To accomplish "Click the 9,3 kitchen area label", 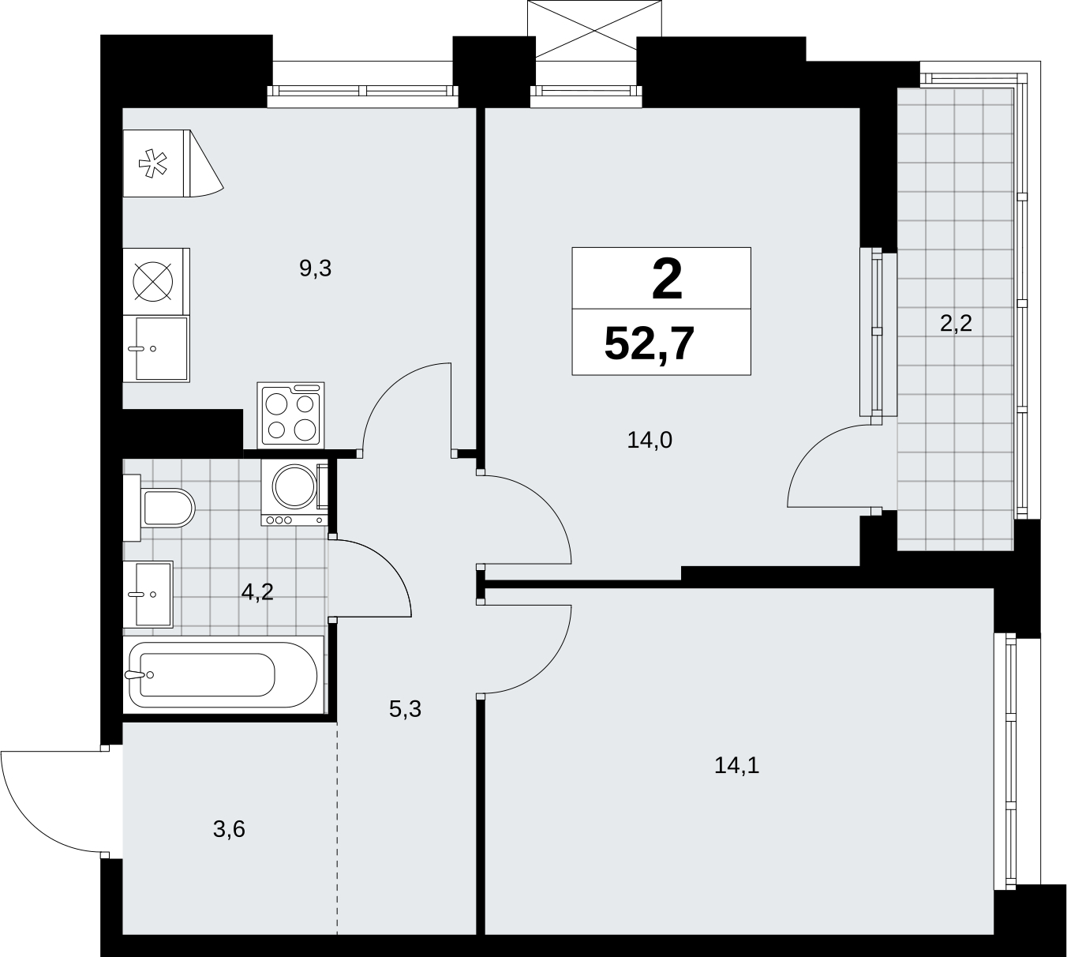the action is pos(315,268).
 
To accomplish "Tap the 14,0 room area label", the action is pos(650,440).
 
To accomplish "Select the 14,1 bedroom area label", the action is pos(736,764).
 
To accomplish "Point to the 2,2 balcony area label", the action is pos(956,323).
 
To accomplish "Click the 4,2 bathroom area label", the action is pos(257,592).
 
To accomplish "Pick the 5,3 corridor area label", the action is pos(405,709).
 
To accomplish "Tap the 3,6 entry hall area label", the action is pos(229,829).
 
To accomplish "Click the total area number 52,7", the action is pos(650,343).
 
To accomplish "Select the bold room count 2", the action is pos(667,281).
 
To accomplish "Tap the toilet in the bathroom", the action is pos(159,508).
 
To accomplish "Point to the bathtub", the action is pos(223,674).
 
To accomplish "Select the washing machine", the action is pos(295,492).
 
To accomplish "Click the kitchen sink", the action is pos(156,348).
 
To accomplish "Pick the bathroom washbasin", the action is pos(148,594).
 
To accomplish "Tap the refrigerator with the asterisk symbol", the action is pos(174,163).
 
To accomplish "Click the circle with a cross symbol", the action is pos(153,281).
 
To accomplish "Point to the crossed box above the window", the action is pos(594,28).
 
